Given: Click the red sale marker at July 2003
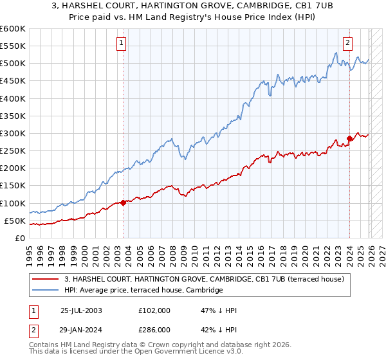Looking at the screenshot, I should (123, 203).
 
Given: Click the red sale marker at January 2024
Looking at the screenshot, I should (349, 138).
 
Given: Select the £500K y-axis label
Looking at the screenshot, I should (12, 63).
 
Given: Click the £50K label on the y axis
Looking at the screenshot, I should (15, 221).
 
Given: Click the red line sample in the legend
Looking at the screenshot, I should (47, 279).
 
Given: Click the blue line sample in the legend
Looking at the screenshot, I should (47, 291).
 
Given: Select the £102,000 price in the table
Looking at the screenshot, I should (154, 310).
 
